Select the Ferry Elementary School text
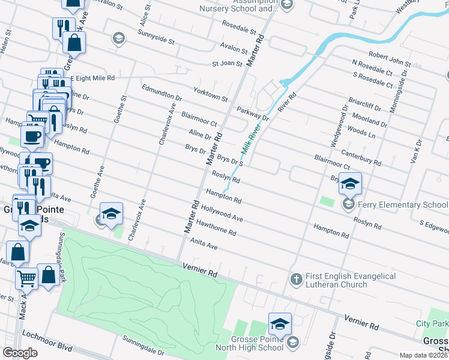click(403, 205)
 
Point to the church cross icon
click(295, 279)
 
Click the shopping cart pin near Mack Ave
click(26, 277)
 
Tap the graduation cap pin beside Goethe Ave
click(111, 214)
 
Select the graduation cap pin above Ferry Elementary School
click(351, 183)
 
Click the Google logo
click(20, 353)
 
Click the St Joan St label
click(227, 64)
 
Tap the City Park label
click(432, 324)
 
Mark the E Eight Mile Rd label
click(92, 79)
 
